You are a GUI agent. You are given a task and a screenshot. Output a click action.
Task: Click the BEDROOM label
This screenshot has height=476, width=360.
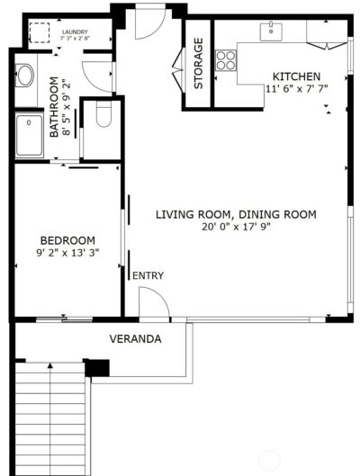click(67, 240)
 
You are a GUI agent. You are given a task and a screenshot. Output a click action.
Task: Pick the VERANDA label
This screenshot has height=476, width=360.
click(135, 339)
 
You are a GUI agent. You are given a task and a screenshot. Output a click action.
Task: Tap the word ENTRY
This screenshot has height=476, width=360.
click(148, 275)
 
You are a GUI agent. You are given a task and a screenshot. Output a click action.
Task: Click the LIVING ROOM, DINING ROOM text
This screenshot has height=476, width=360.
click(236, 214)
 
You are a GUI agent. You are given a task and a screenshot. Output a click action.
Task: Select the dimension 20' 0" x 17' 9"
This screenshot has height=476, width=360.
click(236, 227)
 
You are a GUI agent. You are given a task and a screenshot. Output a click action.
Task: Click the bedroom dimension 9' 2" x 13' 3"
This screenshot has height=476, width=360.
click(67, 253)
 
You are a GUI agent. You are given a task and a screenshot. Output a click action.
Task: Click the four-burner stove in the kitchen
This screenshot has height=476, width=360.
click(227, 60)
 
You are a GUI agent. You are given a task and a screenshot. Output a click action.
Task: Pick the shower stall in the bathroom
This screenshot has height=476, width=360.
click(31, 135)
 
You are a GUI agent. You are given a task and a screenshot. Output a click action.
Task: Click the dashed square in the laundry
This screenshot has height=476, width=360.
click(39, 33)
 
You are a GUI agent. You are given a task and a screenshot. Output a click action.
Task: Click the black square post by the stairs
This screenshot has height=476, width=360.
click(96, 367)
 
